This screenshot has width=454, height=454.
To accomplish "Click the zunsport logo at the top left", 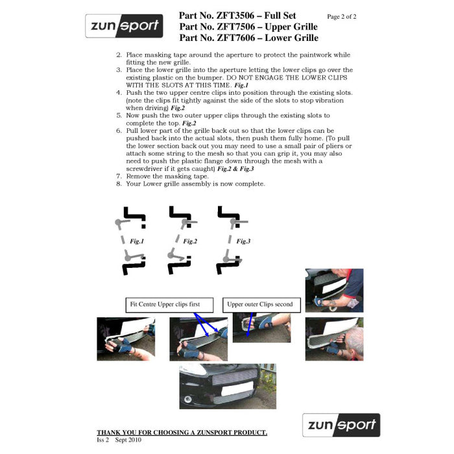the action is pos(124,26).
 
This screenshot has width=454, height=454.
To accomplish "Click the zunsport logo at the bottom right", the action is pos(341,425).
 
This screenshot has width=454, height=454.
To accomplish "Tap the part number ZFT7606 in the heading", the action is pos(236,38).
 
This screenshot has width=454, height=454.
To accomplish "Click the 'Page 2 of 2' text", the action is pos(342,17).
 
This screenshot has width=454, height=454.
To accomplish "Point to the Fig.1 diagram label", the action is pos(137,241).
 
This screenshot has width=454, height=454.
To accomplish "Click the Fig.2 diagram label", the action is pos(190,241).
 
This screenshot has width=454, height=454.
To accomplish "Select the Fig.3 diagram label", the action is pos(243,241).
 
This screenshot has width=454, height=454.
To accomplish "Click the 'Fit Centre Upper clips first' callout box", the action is pos(169,305).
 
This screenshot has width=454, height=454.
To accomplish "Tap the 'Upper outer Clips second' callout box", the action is pos(261,305).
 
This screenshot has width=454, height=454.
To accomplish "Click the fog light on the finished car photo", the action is pos(187,400).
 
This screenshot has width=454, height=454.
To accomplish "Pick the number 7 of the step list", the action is pos(119,176).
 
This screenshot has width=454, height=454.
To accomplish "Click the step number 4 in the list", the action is pos(119,93).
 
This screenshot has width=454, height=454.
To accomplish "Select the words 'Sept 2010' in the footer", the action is pos(128,440).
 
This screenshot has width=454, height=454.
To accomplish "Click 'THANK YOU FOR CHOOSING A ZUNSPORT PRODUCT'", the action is pos(182,433).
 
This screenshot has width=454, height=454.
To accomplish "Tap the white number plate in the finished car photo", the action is pos(237,389).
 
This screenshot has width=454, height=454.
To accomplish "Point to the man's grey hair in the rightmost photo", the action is pos(355,339).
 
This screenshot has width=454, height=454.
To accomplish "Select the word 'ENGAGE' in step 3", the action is pos(269,78).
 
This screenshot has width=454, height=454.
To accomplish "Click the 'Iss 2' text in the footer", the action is pos(102,440).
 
